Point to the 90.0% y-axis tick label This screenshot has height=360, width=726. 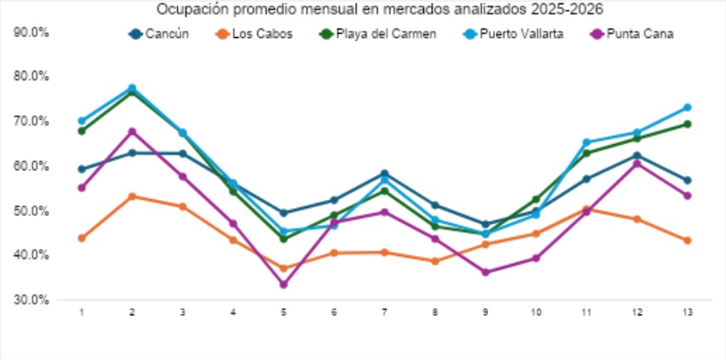tap(33, 32)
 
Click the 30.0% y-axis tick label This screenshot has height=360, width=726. tap(33, 300)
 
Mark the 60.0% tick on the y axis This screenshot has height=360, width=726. tap(33, 166)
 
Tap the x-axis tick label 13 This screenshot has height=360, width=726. tap(688, 312)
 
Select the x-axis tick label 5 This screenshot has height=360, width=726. tap(283, 312)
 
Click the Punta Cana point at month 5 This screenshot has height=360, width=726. tap(283, 284)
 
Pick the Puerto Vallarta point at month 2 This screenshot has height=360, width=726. tap(132, 89)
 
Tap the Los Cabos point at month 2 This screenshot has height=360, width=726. tap(132, 196)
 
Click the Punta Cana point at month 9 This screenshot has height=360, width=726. tap(486, 272)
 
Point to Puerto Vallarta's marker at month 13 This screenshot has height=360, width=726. tap(688, 108)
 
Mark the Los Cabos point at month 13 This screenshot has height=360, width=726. tap(688, 240)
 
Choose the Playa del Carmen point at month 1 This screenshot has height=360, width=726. tap(82, 131)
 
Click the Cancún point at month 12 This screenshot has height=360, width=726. tap(637, 156)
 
